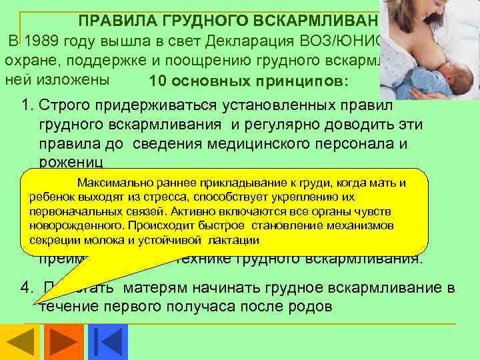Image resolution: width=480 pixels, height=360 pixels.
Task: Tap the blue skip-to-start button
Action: tap(103, 341)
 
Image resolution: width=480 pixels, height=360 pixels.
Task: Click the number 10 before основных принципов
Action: tap(158, 82)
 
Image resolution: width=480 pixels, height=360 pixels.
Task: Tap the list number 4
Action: tap(26, 289)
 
